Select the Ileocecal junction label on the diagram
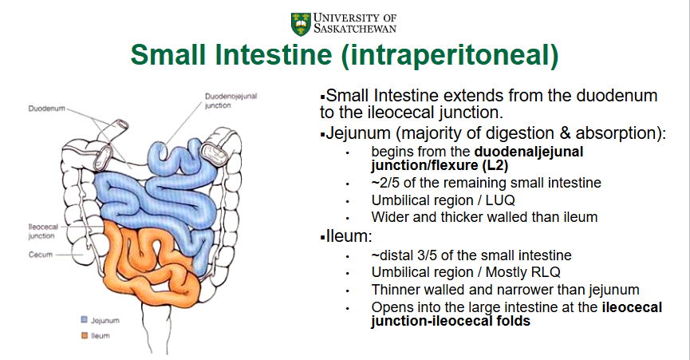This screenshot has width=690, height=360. point(42,231)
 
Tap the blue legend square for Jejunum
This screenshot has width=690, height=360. point(85,319)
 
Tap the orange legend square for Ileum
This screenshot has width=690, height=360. point(85,335)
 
